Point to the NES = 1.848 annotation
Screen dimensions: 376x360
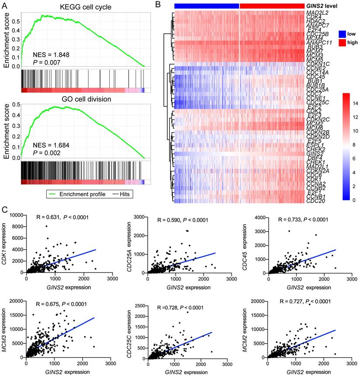[x=51, y=55]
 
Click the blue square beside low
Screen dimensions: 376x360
[x=342, y=33]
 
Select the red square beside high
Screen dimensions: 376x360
[x=342, y=42]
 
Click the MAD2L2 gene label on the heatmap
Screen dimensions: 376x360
[x=318, y=13]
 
